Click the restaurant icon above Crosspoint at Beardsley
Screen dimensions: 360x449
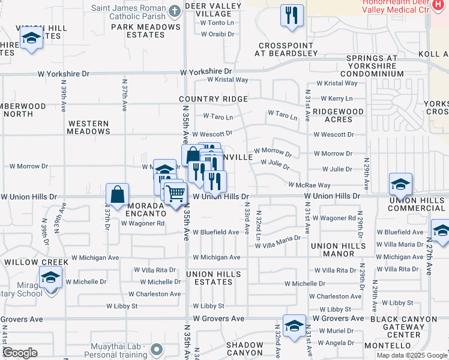coord(292,16)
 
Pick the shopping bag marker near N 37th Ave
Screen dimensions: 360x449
coord(117,194)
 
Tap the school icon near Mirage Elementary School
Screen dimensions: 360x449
coord(51,278)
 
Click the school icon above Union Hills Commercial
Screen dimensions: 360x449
coord(400,184)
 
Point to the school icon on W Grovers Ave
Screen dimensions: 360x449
coord(294,326)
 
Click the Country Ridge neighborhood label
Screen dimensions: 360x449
coord(213,99)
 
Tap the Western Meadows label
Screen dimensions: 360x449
coord(88,127)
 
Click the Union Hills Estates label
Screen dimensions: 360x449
coord(214,278)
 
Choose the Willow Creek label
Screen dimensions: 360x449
coord(29,262)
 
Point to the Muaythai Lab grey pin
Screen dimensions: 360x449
coord(157,348)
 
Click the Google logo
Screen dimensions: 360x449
coord(20,353)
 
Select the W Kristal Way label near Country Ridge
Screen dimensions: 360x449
coord(228,80)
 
